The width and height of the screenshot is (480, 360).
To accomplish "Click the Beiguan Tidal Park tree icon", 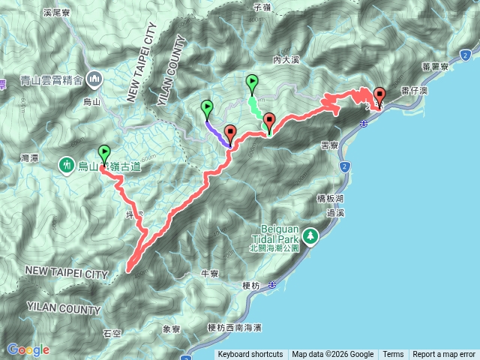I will coord(310,237).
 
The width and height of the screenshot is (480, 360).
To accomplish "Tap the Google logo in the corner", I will coord(28,349).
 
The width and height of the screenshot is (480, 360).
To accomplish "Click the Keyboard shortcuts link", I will coord(250,355).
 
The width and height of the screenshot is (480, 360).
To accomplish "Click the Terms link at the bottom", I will coord(393,355).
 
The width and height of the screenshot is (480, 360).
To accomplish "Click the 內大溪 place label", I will coord(286,58).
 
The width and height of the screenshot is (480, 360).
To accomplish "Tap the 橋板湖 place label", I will coord(329,198).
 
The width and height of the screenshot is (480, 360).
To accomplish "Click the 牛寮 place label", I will coord(209,274).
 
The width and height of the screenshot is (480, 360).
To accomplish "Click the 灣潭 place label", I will coord(30,158).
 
